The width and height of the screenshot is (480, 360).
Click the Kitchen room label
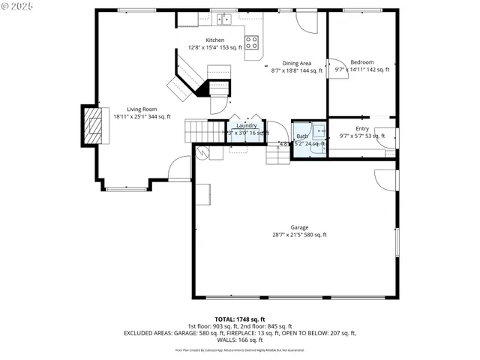coord(215,40)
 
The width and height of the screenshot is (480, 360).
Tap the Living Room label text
coord(142,109)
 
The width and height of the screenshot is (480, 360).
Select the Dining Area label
coord(297,63)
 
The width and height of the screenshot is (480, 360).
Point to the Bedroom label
coord(362,62)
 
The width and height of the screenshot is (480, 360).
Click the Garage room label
coord(299,227)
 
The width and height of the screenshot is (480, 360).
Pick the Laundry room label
coord(247,125)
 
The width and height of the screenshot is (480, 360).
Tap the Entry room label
coord(362,128)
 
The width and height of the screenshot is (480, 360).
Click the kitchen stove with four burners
coord(252,42)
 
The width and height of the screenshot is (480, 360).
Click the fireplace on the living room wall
coord(91,125)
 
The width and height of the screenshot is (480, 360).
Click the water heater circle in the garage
coord(200,152)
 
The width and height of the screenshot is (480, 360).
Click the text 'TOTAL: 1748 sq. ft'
coord(239,319)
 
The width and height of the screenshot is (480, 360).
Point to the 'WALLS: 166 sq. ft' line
coord(240,339)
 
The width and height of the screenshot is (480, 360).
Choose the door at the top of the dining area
coord(306,22)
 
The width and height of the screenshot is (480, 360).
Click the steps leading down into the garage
coord(277,154)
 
